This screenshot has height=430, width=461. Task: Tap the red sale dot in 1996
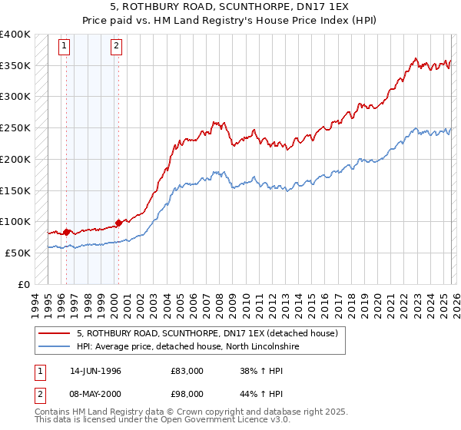(x=67, y=231)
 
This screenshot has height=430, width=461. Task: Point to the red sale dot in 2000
(x=118, y=223)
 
